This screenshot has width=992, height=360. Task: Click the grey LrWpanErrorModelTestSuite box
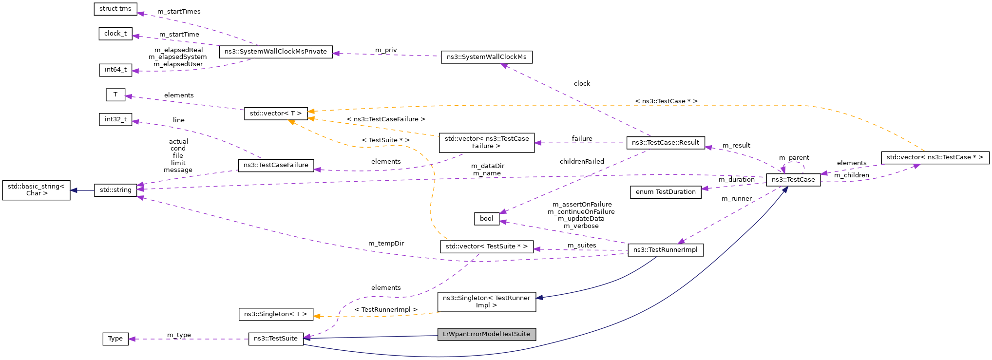486,334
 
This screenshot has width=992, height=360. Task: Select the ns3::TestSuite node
276,339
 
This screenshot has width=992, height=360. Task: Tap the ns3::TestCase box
793,180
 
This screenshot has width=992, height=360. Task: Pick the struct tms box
115,9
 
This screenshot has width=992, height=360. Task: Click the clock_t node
115,34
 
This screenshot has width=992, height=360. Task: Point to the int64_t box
115,70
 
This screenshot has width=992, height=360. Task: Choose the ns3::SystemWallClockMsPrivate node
276,52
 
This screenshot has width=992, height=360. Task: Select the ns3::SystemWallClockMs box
486,57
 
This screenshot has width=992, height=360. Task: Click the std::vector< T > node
276,114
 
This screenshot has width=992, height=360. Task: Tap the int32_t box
115,119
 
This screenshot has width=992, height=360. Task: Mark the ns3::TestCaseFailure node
276,165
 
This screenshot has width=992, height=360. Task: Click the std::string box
115,190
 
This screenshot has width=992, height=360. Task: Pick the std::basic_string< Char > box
37,190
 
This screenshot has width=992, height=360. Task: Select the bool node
486,219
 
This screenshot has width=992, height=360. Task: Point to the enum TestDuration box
666,192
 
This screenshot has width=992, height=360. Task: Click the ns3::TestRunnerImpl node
666,250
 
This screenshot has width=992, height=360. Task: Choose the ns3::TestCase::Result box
666,143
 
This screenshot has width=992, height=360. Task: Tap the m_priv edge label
386,50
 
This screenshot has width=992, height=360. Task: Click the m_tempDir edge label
386,244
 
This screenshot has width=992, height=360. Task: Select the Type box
115,339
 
